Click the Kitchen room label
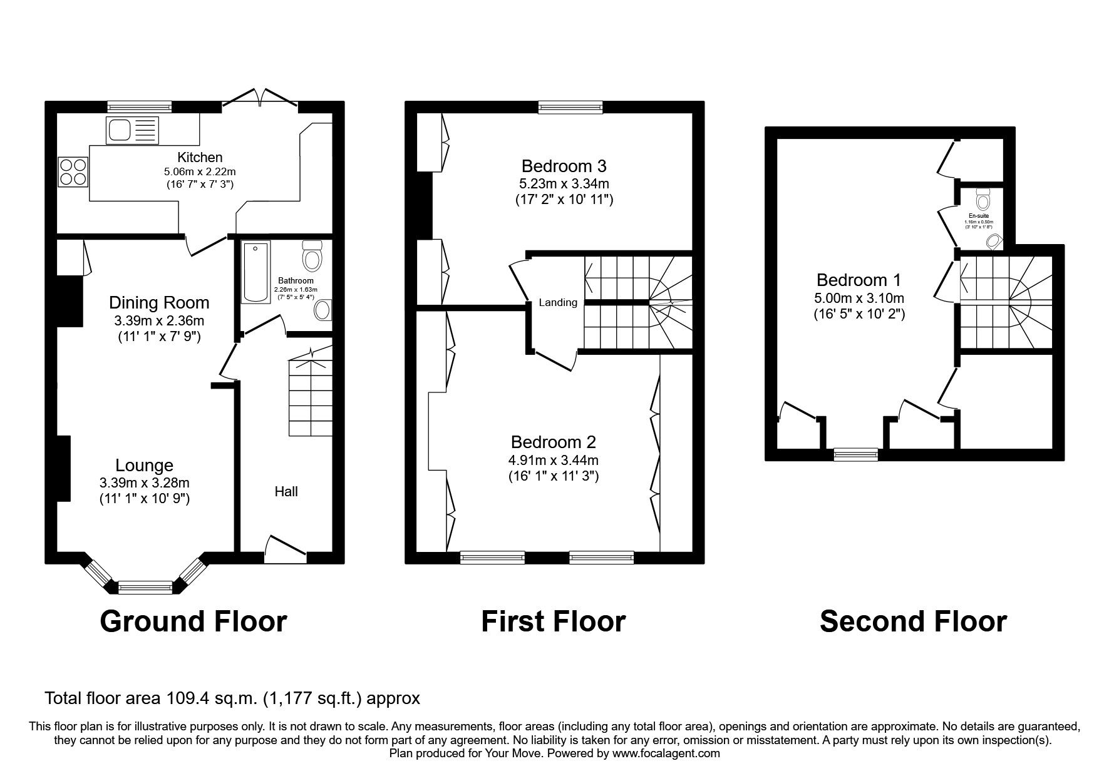tap(200, 157)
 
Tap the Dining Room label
tap(159, 303)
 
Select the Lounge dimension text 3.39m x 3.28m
tap(144, 482)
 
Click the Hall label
tap(286, 492)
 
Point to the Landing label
tap(558, 303)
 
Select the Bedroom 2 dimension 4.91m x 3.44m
tap(554, 460)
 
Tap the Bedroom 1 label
tap(858, 280)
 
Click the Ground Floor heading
tap(193, 621)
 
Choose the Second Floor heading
tap(913, 621)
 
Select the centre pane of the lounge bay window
tap(145, 586)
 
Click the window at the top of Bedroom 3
tap(570, 108)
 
